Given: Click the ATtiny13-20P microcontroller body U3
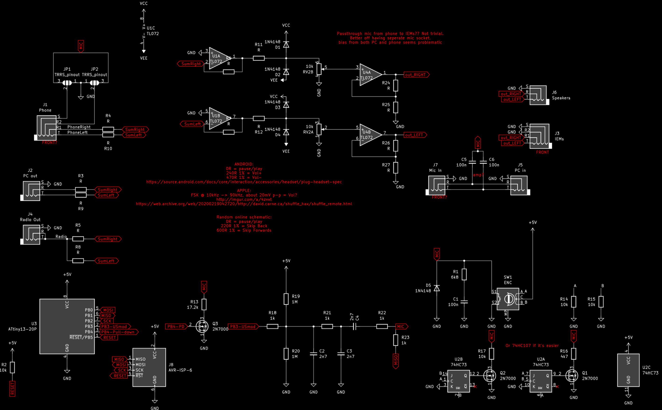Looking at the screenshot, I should click(x=67, y=326).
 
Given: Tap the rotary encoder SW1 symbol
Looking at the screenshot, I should click(x=508, y=299).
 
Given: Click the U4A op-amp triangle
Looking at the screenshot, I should click(x=370, y=75).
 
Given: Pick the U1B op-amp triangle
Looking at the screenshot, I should click(x=219, y=119).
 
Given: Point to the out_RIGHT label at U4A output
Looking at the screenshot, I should click(x=416, y=75).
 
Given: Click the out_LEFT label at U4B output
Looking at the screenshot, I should click(x=414, y=135).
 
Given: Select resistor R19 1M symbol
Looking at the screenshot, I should click(x=286, y=299).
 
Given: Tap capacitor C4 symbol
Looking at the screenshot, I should click(x=354, y=326).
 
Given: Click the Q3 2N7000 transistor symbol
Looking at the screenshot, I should click(x=202, y=326).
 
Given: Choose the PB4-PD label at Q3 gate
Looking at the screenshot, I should click(x=176, y=326).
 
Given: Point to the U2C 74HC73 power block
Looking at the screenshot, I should click(x=628, y=370).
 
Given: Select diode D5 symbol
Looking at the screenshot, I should click(x=436, y=288).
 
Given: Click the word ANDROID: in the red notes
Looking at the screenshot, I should click(x=244, y=164).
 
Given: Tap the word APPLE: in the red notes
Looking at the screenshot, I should click(x=244, y=191).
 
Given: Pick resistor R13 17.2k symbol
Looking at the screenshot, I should click(x=204, y=304).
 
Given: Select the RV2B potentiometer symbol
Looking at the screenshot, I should click(x=319, y=69).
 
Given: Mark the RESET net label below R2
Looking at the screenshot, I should click(x=12, y=388).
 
